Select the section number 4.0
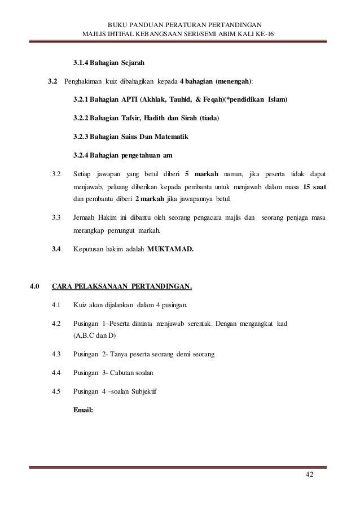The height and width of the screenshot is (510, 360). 35,291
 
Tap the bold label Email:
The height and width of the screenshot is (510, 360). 84,410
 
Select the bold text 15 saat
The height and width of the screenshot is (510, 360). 313,187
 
